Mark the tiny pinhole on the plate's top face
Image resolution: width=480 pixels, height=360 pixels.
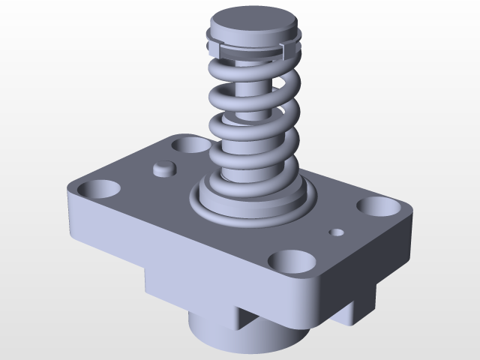click(337, 232)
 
